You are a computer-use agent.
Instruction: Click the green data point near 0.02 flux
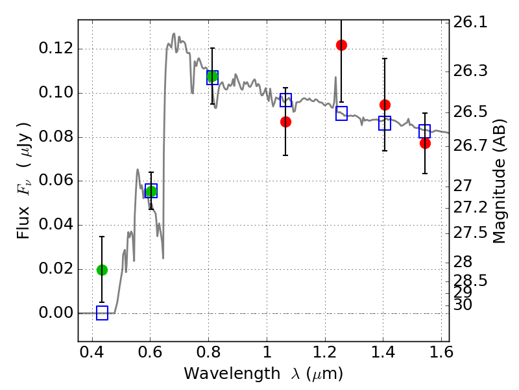pos(102,270)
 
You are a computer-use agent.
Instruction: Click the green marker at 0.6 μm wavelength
pos(151,191)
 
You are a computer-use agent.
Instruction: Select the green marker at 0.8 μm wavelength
pos(211,77)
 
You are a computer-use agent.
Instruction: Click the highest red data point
pos(341,45)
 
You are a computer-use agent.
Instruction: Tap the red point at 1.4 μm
pos(385,105)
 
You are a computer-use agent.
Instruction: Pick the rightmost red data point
pos(425,143)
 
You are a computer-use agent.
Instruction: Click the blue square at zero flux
pos(102,313)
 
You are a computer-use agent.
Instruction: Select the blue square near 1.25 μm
pos(341,114)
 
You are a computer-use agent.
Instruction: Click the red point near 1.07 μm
pos(285,122)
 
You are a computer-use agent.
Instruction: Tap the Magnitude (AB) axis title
pos(500,181)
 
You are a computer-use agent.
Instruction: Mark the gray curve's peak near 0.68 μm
pos(174,33)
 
